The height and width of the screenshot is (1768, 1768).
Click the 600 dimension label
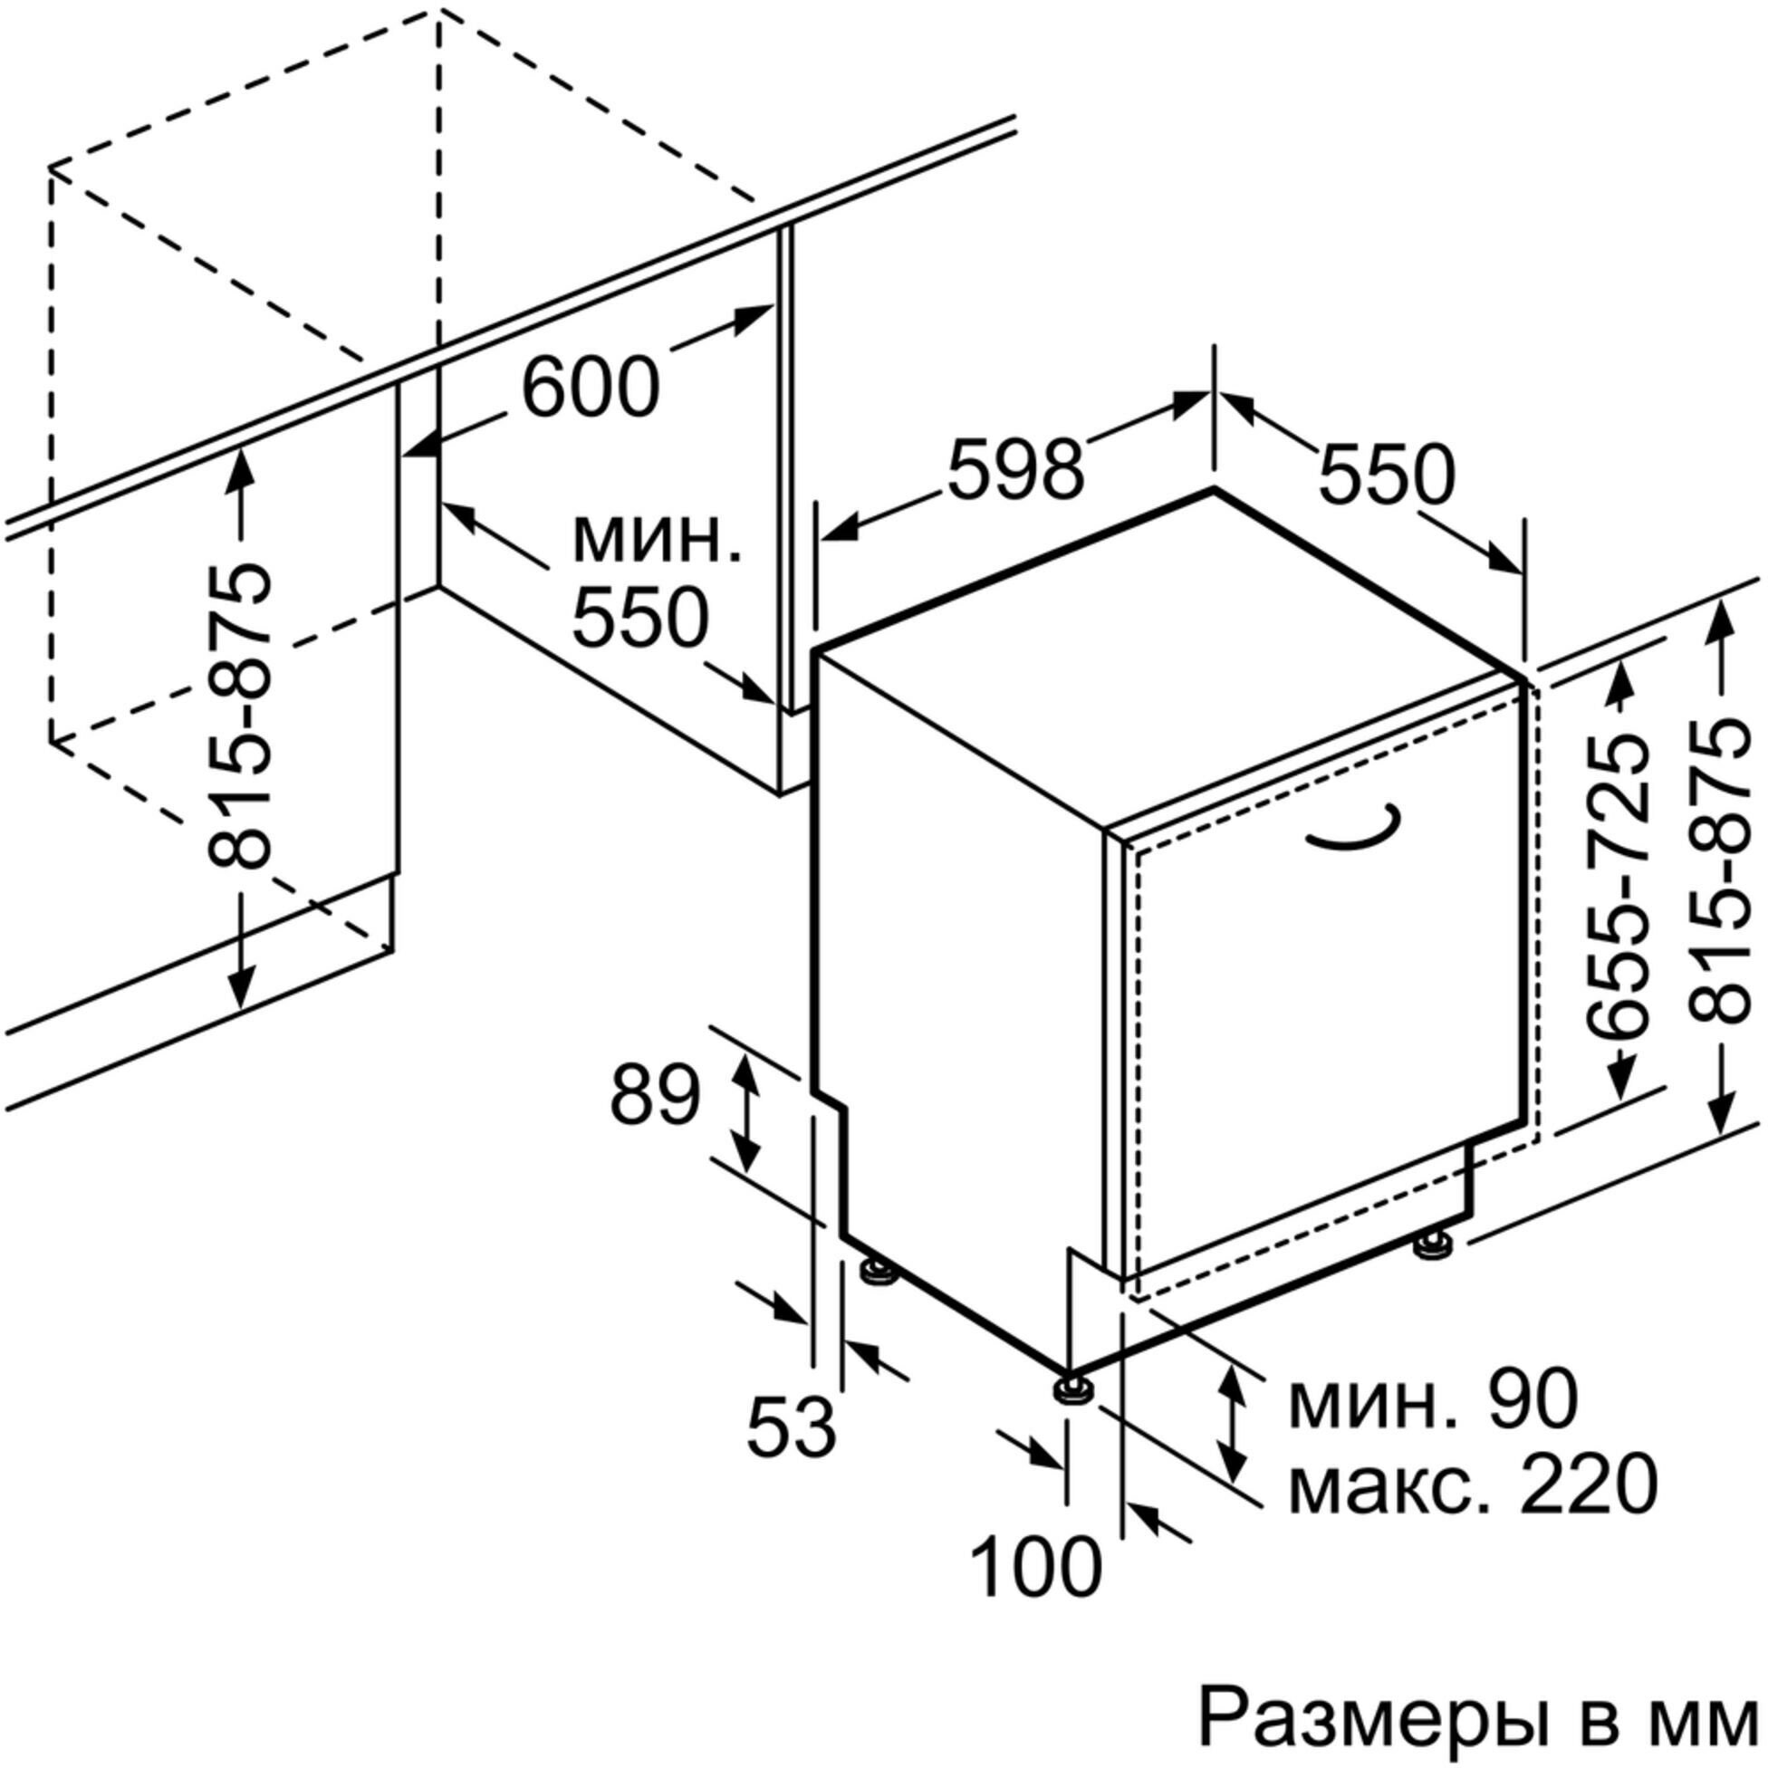click(591, 387)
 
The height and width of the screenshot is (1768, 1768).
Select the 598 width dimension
click(1014, 469)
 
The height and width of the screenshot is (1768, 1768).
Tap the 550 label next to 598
click(1386, 475)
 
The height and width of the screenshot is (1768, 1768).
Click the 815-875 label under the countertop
click(241, 718)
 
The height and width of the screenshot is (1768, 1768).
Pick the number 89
click(655, 1095)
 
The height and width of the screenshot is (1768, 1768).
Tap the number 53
click(792, 1427)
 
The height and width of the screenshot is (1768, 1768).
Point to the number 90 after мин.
click(1533, 1401)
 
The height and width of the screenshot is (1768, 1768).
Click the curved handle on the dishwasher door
click(1353, 826)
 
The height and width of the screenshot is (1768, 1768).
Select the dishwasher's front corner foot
click(1071, 1390)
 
